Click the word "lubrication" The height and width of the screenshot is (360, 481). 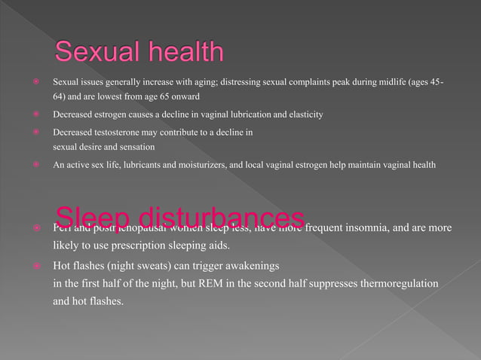tap(262, 114)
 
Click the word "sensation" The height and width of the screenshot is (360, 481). tap(136, 146)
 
